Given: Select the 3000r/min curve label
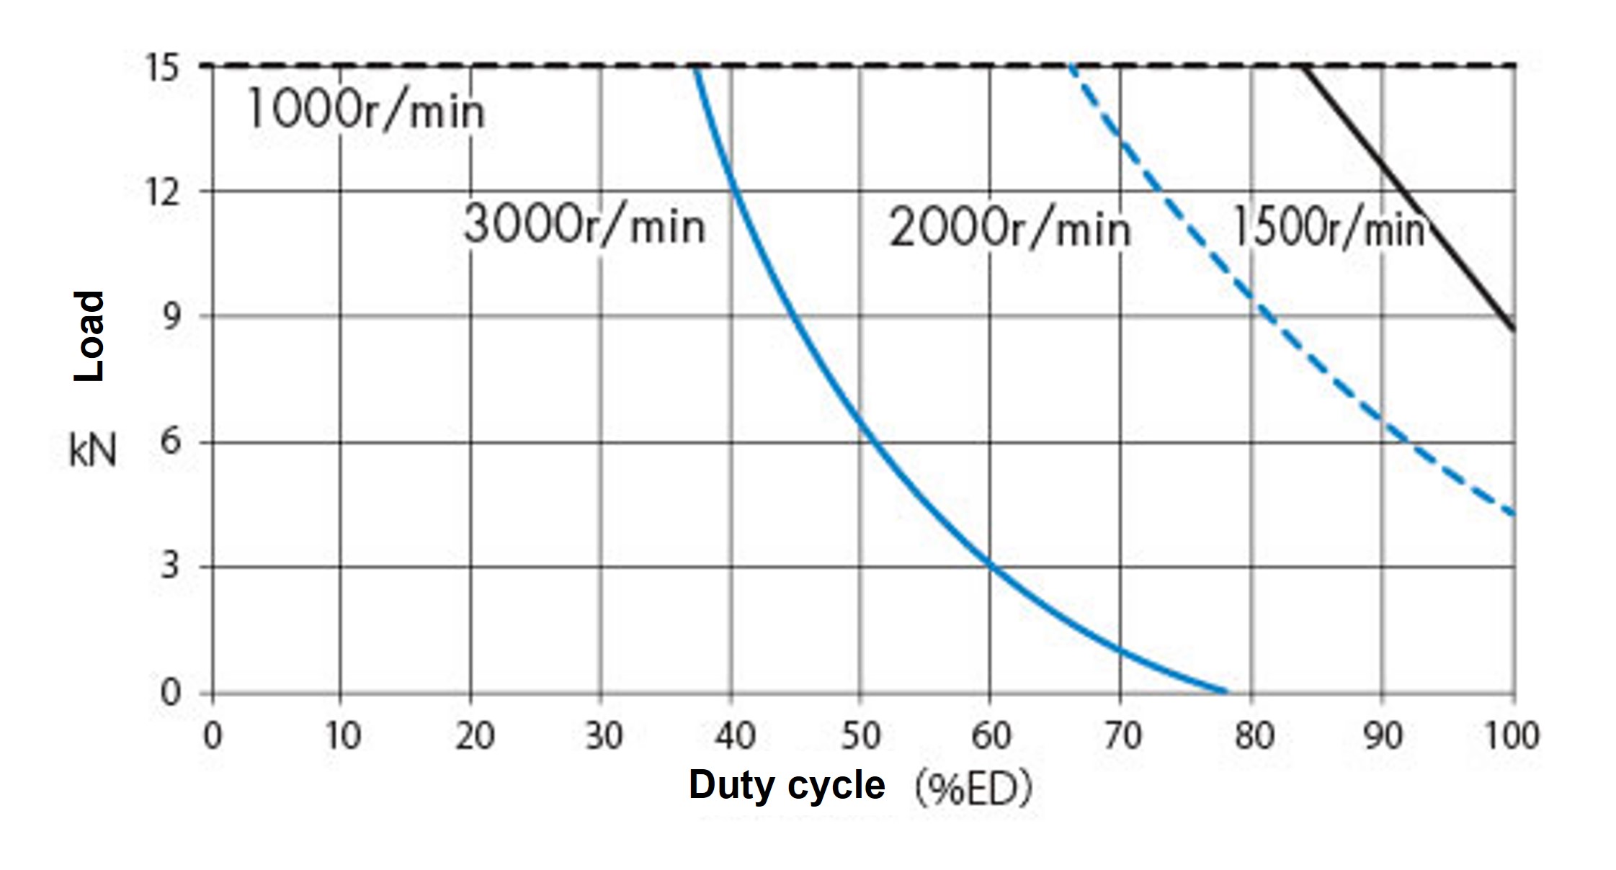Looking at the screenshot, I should pyautogui.click(x=584, y=224).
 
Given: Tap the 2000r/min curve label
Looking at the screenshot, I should pyautogui.click(x=1009, y=230).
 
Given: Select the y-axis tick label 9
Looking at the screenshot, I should pyautogui.click(x=170, y=316).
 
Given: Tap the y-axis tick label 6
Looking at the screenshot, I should pyautogui.click(x=170, y=441).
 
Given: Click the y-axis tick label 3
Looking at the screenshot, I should pyautogui.click(x=170, y=567).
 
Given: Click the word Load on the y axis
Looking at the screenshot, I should pyautogui.click(x=90, y=336).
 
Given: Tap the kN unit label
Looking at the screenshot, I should pyautogui.click(x=92, y=452).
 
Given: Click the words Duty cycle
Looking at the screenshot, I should pyautogui.click(x=787, y=785).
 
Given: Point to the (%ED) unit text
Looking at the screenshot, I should pyautogui.click(x=973, y=788).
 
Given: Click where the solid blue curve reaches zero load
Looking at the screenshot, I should pyautogui.click(x=1226, y=693).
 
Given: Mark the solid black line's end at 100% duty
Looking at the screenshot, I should pyautogui.click(x=1514, y=330).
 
